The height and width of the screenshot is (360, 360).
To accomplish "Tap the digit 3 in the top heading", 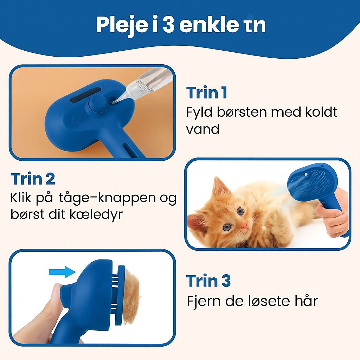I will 168,25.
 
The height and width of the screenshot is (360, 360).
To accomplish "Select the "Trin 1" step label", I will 206,93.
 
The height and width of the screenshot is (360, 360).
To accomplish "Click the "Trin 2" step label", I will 33,179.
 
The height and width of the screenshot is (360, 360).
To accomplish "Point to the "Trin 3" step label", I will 208,281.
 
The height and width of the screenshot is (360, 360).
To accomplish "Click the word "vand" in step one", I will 202,129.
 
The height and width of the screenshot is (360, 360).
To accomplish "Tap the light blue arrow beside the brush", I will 62,271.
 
